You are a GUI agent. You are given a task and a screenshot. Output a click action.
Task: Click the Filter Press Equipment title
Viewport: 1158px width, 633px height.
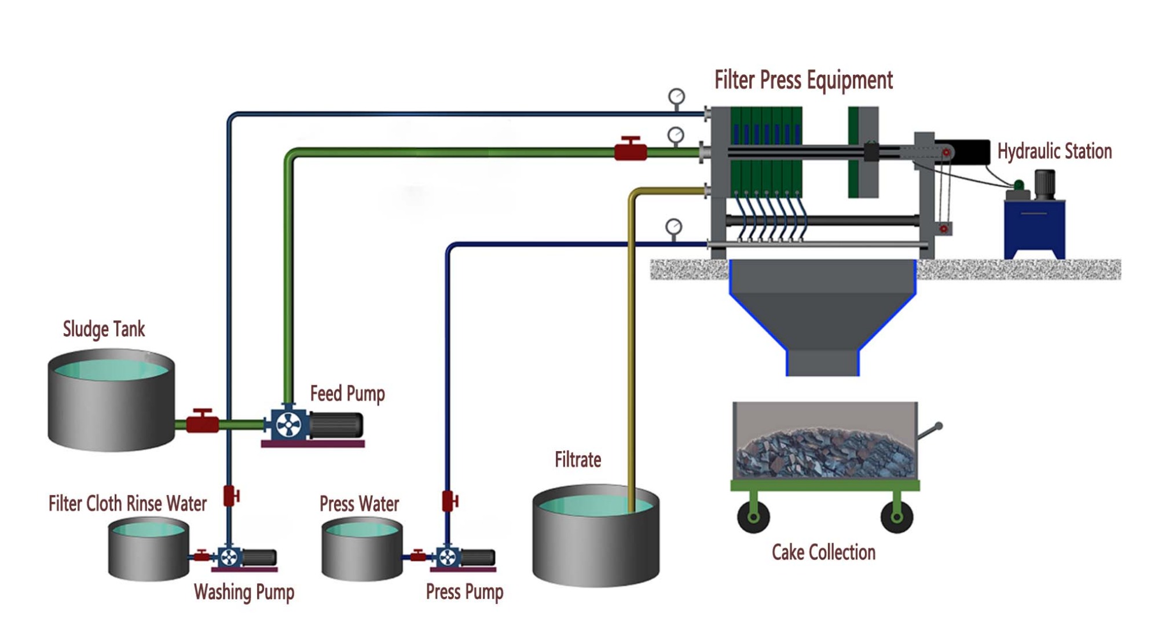pyautogui.click(x=803, y=80)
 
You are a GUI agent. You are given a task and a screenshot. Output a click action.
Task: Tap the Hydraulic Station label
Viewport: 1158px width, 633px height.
pyautogui.click(x=1054, y=152)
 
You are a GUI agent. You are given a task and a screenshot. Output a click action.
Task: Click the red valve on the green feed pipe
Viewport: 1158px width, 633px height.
pyautogui.click(x=630, y=151)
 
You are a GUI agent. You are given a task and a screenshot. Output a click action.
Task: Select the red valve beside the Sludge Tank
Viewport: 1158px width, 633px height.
pyautogui.click(x=202, y=422)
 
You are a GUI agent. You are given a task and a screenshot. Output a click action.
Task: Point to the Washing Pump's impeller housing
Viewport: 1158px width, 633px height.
pyautogui.click(x=229, y=558)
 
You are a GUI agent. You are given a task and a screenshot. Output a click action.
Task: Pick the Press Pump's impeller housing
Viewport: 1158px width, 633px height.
pyautogui.click(x=448, y=558)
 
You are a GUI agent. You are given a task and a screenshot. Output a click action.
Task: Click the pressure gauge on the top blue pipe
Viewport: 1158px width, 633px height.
pyautogui.click(x=676, y=97)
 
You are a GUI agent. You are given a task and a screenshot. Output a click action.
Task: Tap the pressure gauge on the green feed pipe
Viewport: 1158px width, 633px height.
pyautogui.click(x=676, y=136)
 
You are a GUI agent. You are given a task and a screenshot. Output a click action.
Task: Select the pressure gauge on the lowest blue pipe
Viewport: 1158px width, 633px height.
pyautogui.click(x=673, y=226)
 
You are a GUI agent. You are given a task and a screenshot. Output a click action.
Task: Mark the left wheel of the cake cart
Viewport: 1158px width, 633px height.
pyautogui.click(x=753, y=516)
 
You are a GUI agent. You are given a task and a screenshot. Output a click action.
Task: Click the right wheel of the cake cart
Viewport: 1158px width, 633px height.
pyautogui.click(x=896, y=516)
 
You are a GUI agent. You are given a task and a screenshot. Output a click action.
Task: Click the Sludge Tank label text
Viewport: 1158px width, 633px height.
pyautogui.click(x=104, y=329)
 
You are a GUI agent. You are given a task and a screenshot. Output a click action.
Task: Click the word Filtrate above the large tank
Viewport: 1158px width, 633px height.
pyautogui.click(x=577, y=460)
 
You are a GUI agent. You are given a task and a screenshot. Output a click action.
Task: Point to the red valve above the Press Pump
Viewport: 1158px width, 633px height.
pyautogui.click(x=449, y=501)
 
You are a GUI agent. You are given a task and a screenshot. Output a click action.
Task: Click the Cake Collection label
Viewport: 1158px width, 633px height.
pyautogui.click(x=823, y=552)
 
